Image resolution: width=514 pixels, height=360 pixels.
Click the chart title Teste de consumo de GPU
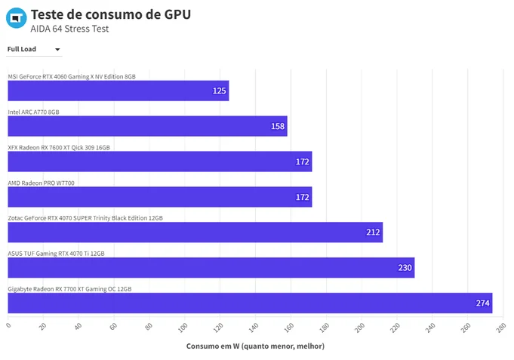pyautogui.click(x=111, y=14)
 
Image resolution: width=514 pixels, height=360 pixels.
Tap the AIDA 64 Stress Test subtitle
pyautogui.click(x=69, y=29)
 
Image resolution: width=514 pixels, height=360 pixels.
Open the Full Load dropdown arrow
pyautogui.click(x=57, y=50)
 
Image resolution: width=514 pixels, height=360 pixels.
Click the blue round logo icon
pyautogui.click(x=16, y=18)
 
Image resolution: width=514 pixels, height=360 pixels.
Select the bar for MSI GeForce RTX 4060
pyautogui.click(x=118, y=91)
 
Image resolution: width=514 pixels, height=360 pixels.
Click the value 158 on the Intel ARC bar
pyautogui.click(x=278, y=126)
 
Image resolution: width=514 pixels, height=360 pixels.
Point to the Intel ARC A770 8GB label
pyautogui.click(x=33, y=112)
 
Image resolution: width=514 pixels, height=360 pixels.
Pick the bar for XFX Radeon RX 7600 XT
pyautogui.click(x=160, y=162)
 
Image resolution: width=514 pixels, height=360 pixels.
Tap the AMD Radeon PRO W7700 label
pyautogui.click(x=41, y=183)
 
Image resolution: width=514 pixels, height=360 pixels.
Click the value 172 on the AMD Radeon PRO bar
pyautogui.click(x=302, y=197)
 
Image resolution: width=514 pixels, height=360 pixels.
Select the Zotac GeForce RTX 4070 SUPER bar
pyautogui.click(x=195, y=232)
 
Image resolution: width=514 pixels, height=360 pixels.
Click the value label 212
pyautogui.click(x=373, y=232)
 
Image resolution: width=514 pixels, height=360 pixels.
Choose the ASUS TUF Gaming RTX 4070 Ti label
pyautogui.click(x=56, y=254)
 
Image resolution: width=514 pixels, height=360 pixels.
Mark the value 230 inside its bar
pyautogui.click(x=405, y=268)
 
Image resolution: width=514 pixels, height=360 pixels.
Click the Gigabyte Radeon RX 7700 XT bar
pyautogui.click(x=250, y=303)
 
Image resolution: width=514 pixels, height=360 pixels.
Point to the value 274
pyautogui.click(x=482, y=303)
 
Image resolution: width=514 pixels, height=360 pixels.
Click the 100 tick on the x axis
pyautogui.click(x=183, y=328)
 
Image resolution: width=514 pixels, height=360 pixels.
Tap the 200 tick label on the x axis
pyautogui.click(x=359, y=328)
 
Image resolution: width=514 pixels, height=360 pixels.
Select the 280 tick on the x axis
pyautogui.click(x=501, y=328)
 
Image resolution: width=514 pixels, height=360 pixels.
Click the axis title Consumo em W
pyautogui.click(x=255, y=346)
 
